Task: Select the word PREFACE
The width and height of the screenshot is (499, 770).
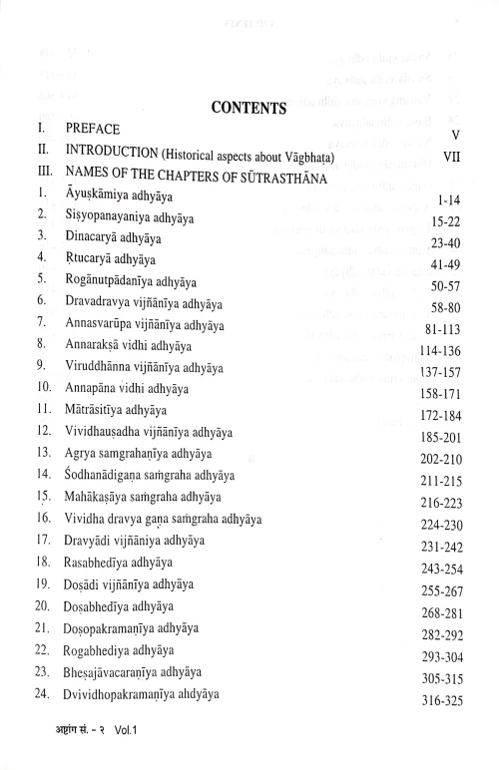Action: [x=93, y=130]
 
